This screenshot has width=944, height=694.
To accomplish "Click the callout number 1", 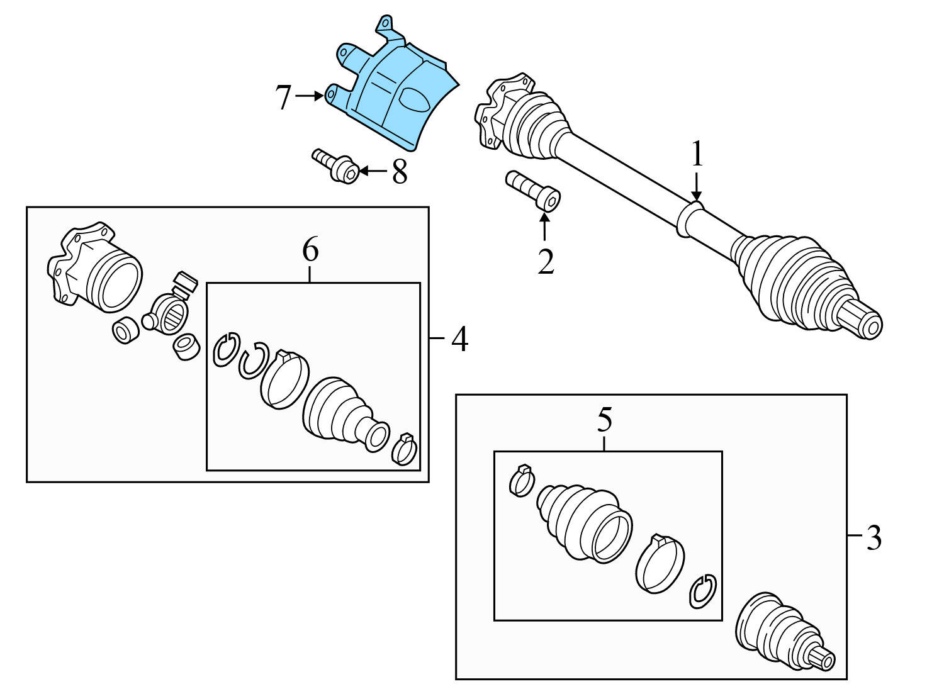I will pyautogui.click(x=697, y=155).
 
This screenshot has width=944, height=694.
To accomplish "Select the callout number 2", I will pyautogui.click(x=545, y=262).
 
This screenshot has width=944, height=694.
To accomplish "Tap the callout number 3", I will pyautogui.click(x=874, y=538).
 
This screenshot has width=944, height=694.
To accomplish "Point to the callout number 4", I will pyautogui.click(x=459, y=340).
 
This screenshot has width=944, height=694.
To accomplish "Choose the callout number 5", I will pyautogui.click(x=604, y=420).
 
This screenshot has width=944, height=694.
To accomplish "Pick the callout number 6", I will pyautogui.click(x=310, y=250).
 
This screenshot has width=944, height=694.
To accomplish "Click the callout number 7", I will pyautogui.click(x=284, y=98).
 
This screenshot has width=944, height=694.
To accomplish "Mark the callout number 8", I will pyautogui.click(x=400, y=172).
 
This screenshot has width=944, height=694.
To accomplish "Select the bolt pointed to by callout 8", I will pyautogui.click(x=336, y=165).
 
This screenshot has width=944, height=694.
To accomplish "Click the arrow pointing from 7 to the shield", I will pyautogui.click(x=310, y=96).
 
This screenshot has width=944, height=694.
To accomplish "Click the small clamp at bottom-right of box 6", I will pyautogui.click(x=404, y=448).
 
